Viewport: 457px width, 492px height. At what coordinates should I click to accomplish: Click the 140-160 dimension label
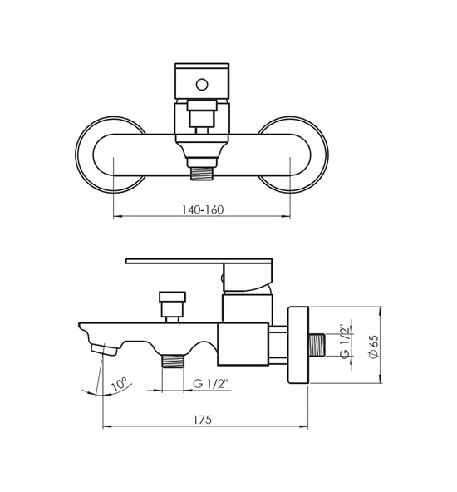[203, 209]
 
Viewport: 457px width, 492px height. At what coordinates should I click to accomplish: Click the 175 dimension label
[202, 420]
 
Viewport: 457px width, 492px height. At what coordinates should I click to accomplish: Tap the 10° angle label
[119, 384]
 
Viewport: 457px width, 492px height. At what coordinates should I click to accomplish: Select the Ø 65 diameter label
[374, 346]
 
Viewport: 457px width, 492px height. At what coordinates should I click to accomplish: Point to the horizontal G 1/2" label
[210, 383]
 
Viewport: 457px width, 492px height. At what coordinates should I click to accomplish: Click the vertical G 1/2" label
[344, 342]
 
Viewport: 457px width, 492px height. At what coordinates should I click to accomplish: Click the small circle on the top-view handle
[202, 85]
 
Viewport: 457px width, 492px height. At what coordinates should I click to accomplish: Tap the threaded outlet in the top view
[202, 174]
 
